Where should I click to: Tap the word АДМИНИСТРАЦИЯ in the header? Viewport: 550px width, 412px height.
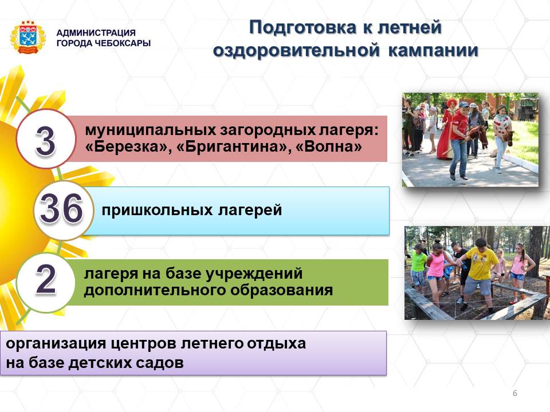click(96, 33)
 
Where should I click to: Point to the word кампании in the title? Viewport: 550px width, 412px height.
click(433, 51)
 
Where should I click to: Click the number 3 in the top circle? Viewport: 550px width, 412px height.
click(46, 141)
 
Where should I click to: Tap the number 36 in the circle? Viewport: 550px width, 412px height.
click(61, 209)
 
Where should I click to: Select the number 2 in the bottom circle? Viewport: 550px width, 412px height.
click(46, 279)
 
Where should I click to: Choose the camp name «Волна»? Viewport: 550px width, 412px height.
click(329, 146)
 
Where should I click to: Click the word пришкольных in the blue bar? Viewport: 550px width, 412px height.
click(157, 210)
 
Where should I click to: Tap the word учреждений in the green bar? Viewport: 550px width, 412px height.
click(254, 274)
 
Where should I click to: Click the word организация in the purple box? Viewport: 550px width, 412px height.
click(56, 344)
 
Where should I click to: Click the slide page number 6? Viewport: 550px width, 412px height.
click(515, 393)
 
